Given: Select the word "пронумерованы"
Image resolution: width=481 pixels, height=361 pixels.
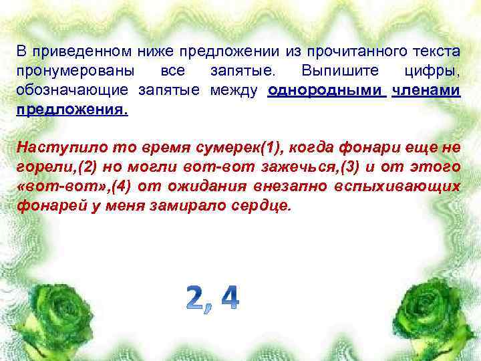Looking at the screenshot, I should (x=74, y=71).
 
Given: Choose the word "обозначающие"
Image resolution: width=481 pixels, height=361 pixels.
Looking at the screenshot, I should (x=73, y=91).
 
